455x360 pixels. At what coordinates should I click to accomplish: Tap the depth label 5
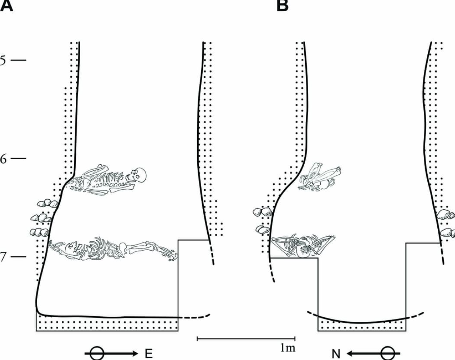[4, 61]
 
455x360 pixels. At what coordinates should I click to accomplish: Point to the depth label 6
[4, 159]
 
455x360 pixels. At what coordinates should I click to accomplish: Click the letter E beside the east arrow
[149, 354]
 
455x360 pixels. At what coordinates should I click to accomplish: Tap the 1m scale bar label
[287, 347]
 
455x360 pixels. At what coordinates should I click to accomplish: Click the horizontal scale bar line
[246, 339]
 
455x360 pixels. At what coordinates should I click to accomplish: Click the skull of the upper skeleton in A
[139, 175]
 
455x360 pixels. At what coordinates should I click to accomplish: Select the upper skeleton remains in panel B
[321, 177]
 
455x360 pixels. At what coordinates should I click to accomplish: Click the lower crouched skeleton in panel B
[303, 245]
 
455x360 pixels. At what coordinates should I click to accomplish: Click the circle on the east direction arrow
[97, 354]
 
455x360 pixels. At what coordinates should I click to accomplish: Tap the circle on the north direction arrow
[387, 354]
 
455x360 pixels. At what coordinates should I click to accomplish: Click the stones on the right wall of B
[446, 222]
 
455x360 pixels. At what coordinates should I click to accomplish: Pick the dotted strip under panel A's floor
[107, 324]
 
